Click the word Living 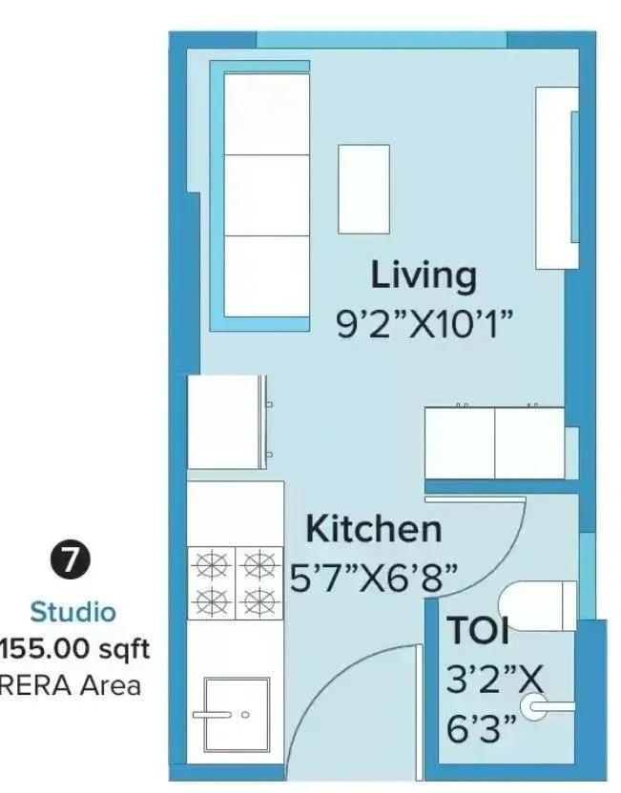coord(423,275)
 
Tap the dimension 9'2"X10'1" coord(424,324)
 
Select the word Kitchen coord(373,528)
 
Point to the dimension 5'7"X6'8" coord(374,576)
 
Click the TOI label coord(477,632)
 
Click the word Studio coord(72,611)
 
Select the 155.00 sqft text coord(74,650)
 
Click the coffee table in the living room coord(364,189)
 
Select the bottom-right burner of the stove coord(255,600)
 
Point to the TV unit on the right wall coord(556,178)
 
